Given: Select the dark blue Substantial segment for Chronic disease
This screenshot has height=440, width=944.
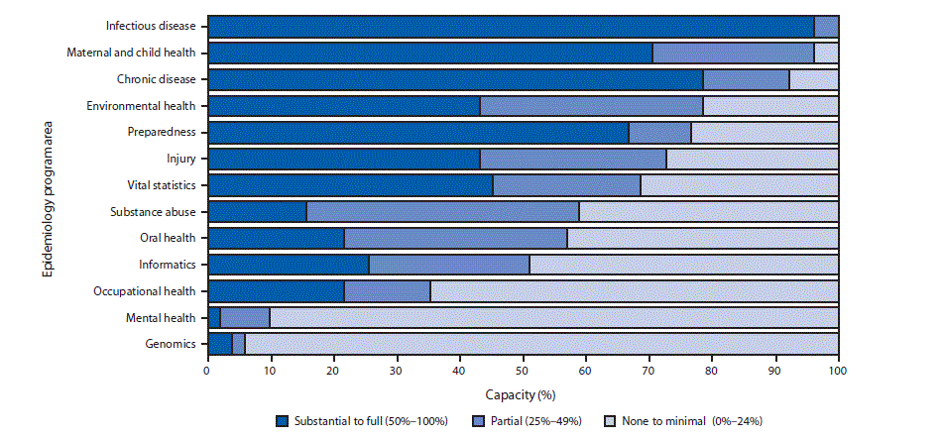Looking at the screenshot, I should pos(455,79).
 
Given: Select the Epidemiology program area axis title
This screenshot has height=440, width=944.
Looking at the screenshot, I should pos(48,185).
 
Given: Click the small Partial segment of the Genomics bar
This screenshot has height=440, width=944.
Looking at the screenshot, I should pos(238,344).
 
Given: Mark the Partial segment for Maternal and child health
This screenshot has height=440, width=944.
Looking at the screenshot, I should pos(733,53).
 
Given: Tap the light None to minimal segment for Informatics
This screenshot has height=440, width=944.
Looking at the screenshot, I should pos(683,265).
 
